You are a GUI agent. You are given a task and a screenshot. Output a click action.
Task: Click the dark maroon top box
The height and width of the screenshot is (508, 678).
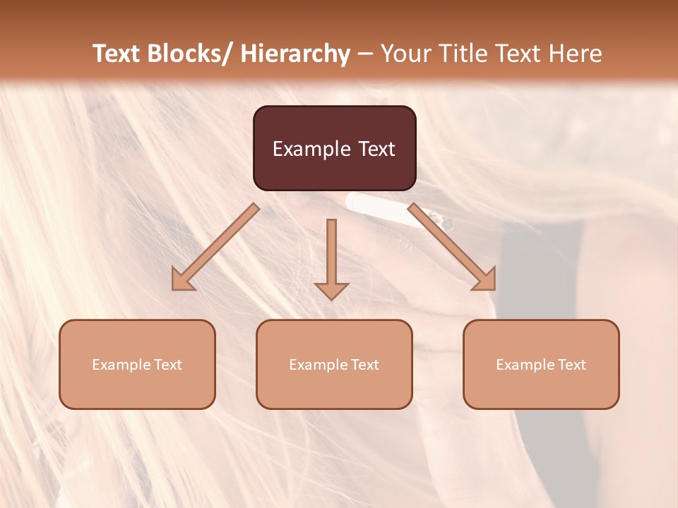pos(334,148)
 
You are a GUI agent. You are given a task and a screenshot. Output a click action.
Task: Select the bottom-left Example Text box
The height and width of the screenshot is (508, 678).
pos(137,364)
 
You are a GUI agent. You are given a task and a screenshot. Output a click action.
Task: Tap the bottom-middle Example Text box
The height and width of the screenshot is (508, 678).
pos(334,364)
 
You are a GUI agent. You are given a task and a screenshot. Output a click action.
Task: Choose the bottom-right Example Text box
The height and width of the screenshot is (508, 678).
pos(541,364)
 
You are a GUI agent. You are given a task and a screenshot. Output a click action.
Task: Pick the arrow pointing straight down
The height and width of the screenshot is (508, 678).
pos(331,254)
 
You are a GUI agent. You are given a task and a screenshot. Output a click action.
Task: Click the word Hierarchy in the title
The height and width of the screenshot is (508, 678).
pos(295,54)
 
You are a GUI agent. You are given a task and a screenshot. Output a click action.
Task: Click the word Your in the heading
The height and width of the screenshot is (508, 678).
pos(405,54)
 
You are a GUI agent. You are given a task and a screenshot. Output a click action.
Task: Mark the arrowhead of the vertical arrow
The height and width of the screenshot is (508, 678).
pos(331,289)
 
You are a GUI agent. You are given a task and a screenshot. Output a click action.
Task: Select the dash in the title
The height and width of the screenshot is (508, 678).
pos(365,54)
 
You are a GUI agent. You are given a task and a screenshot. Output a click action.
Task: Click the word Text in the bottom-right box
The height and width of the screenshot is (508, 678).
pos(571,364)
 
